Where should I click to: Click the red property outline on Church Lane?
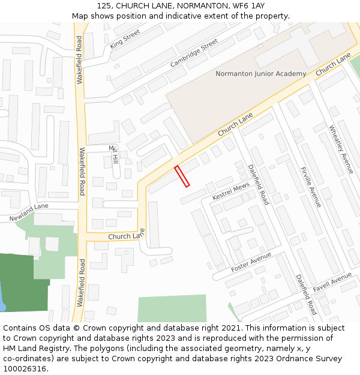click(x=182, y=176)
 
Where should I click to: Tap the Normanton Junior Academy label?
click(x=260, y=74)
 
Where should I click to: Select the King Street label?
click(x=125, y=38)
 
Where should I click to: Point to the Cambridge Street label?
click(x=194, y=53)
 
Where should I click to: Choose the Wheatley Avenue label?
click(x=341, y=149)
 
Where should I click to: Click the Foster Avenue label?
click(x=251, y=263)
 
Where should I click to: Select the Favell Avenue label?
click(x=332, y=280)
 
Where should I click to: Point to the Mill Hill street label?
click(x=113, y=155)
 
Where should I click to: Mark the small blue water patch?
click(x=2, y=300)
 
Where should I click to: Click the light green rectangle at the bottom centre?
click(x=172, y=308)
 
